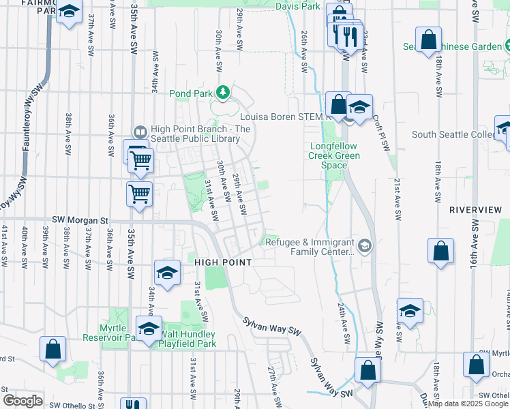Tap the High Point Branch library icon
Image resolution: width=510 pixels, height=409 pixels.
tap(140, 131)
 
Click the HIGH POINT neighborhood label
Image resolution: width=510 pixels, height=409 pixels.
tap(224, 262)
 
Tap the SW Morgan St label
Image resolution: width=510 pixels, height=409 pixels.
tap(80, 221)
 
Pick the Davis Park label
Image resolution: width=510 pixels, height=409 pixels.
tap(298, 6)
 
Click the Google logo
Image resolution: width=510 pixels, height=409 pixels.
tap(23, 400)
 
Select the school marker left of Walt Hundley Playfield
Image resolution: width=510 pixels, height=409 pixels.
tap(149, 328)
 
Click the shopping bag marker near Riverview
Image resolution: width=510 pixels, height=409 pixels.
tap(441, 249)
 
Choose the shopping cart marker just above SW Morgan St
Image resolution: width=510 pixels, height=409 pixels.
tap(140, 194)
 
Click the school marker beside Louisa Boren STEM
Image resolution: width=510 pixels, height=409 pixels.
tap(359, 106)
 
